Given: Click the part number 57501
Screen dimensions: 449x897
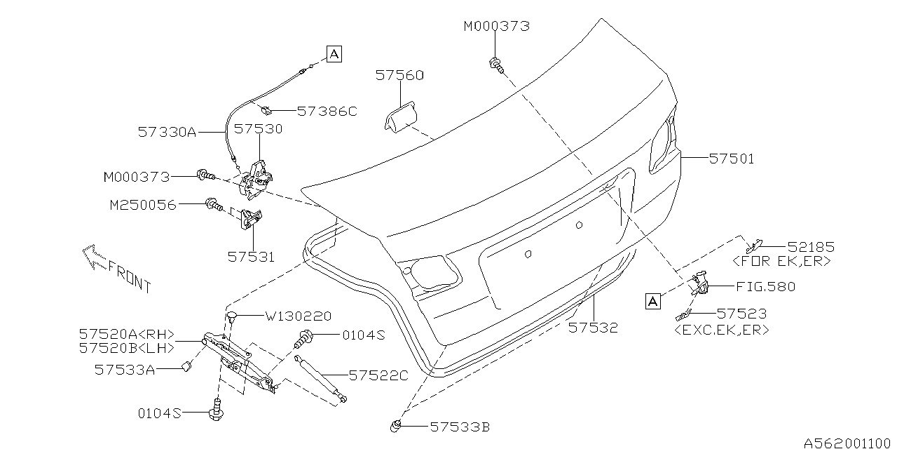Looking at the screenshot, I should coord(732,159).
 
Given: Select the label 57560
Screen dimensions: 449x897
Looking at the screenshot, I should coord(399,75).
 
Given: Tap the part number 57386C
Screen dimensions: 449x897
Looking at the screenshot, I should coord(327,111).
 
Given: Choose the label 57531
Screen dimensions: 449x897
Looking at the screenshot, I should coord(251,257).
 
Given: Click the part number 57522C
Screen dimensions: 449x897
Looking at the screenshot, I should coord(378,376).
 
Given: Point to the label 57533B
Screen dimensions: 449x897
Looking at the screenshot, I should coord(460,426).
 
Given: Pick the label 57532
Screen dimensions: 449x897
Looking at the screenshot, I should coord(593,328).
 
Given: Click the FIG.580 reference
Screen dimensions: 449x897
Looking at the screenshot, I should coord(766,286).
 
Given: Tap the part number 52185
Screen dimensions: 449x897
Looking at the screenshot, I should coord(812,247).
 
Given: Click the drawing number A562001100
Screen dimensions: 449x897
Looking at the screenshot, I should coord(849,443).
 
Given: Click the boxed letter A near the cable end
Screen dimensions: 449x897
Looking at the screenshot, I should coord(334,53).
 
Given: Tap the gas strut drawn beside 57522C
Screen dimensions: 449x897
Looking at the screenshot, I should coord(322,379).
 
